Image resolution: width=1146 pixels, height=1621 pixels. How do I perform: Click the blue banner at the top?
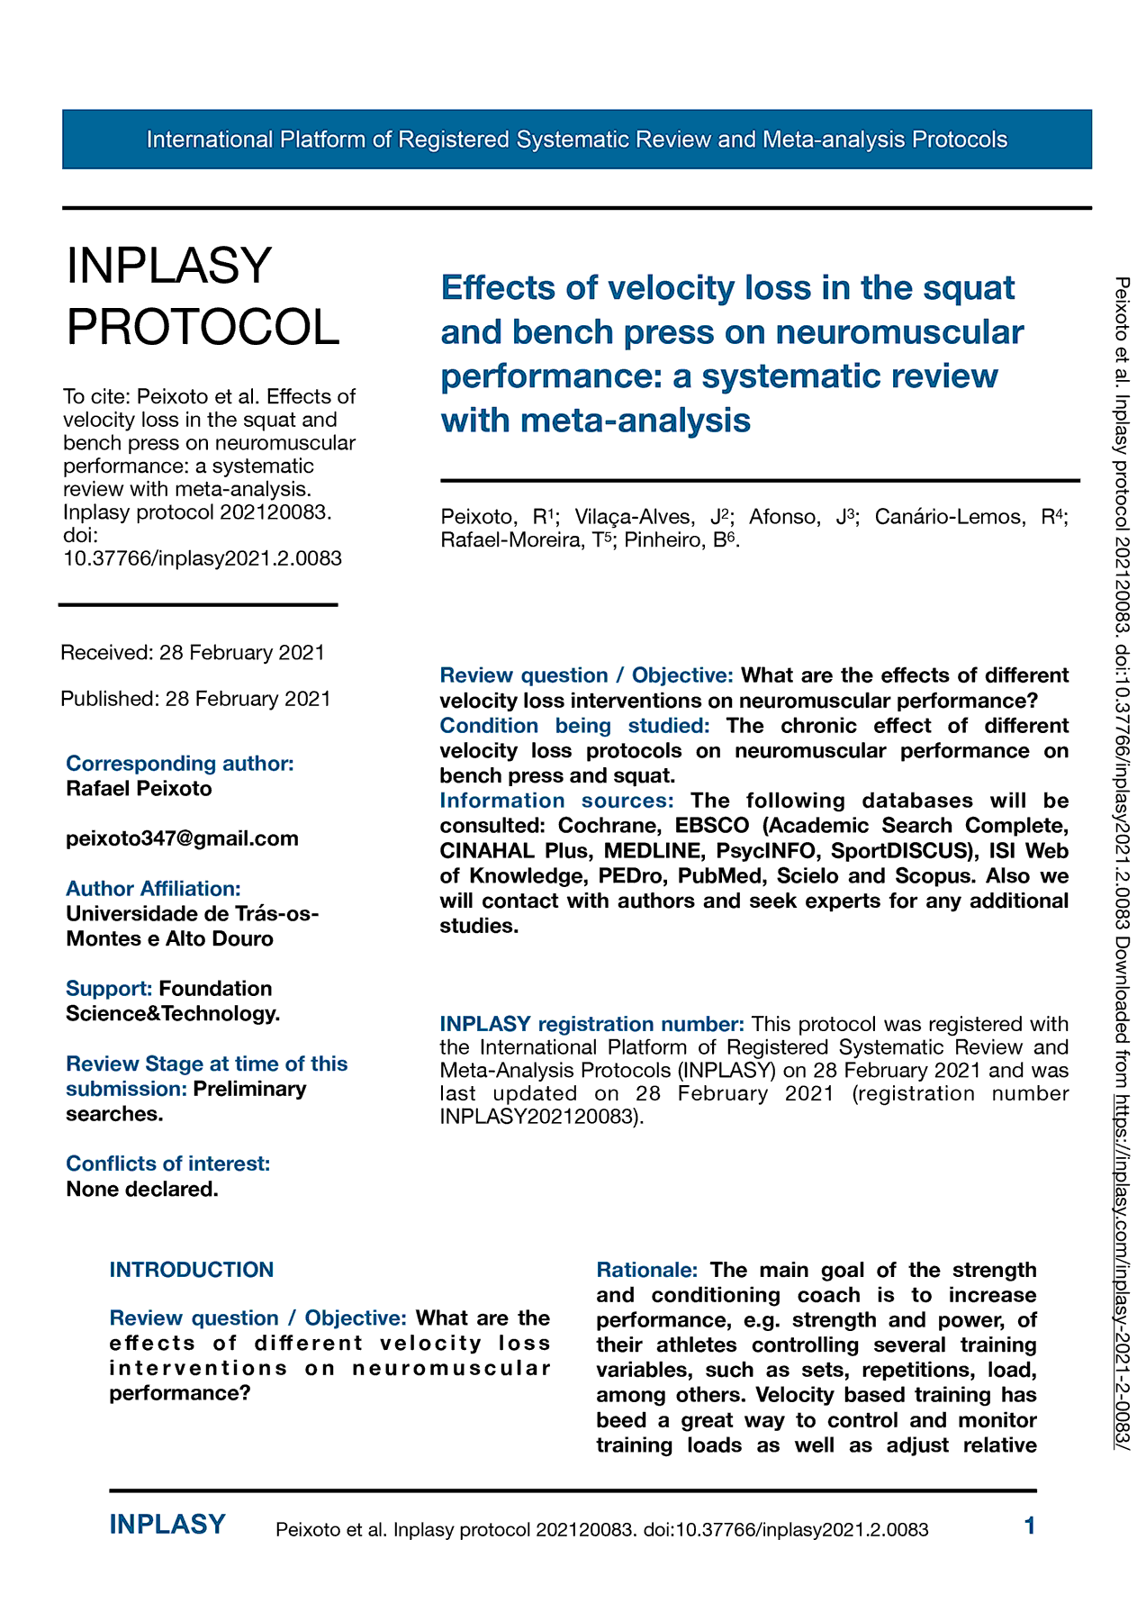576,140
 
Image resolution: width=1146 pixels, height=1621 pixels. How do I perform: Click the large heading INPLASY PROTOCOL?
203,296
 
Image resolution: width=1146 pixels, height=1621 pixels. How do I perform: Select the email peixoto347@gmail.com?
182,838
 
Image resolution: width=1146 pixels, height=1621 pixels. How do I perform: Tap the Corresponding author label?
180,764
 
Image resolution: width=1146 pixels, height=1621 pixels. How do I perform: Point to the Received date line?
193,652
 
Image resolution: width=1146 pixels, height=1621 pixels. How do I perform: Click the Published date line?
195,699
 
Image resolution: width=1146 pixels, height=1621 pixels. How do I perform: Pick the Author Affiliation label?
153,889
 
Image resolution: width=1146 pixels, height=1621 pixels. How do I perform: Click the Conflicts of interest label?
168,1164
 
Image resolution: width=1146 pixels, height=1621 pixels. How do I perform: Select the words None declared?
142,1189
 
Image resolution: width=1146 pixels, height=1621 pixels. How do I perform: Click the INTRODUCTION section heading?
192,1270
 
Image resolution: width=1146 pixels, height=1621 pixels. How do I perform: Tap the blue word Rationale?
647,1270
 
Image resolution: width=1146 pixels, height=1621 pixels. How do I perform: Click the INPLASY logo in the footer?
167,1525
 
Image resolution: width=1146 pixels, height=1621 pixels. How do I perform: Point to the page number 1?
1030,1526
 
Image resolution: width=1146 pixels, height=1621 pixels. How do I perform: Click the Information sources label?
556,801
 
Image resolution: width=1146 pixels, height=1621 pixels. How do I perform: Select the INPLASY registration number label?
591,1024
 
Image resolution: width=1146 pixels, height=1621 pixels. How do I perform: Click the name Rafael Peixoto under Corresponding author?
140,789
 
